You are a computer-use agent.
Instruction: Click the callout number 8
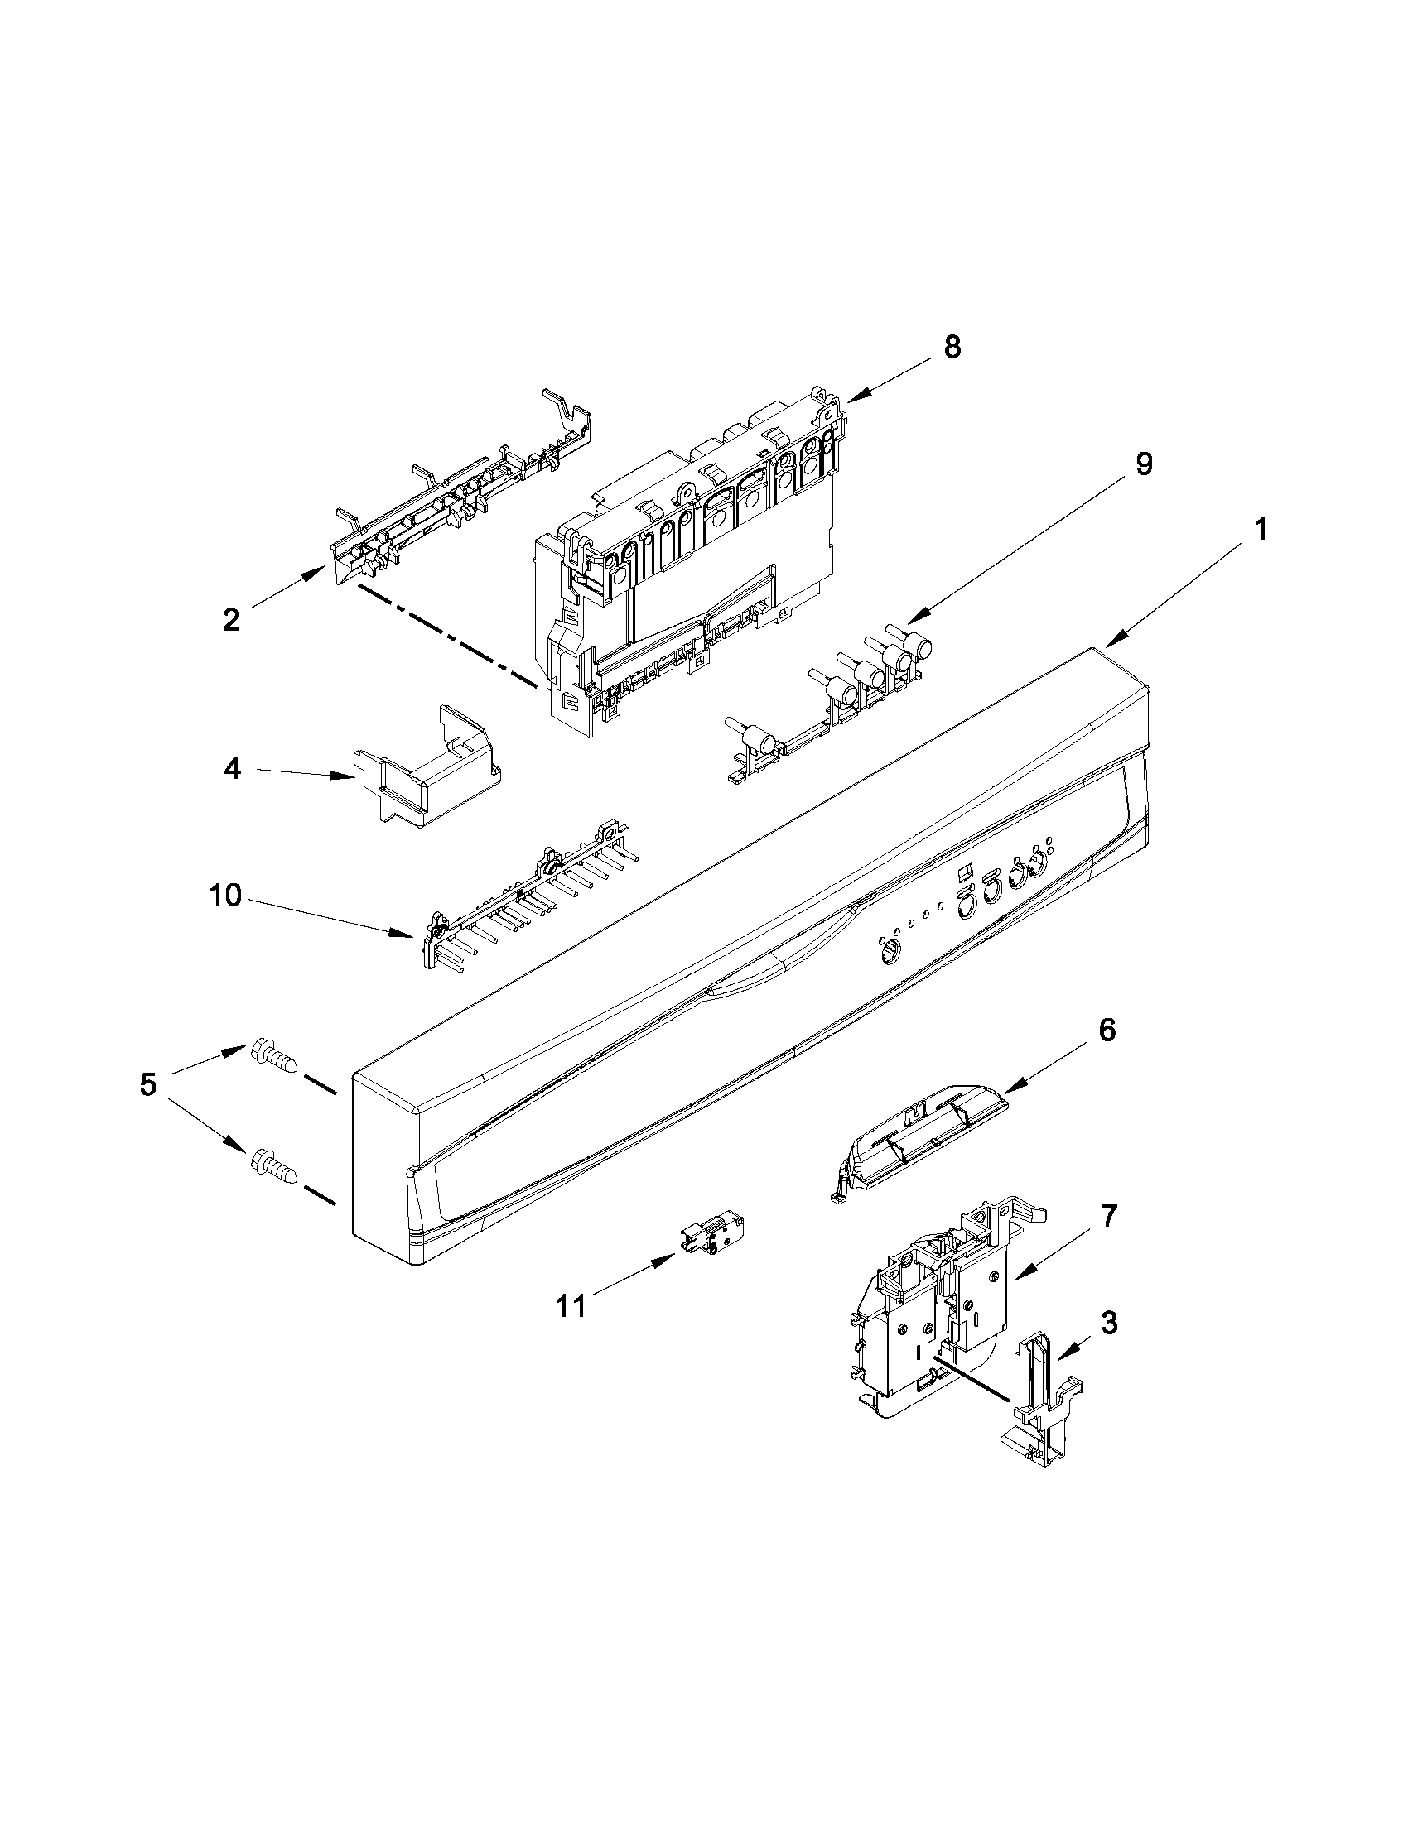(x=952, y=347)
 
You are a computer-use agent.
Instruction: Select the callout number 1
(x=1261, y=529)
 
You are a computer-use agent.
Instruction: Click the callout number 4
(x=233, y=768)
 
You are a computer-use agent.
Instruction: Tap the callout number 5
(x=147, y=1085)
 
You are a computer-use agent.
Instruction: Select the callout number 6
(x=1106, y=1031)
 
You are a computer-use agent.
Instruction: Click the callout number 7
(x=1107, y=1217)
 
